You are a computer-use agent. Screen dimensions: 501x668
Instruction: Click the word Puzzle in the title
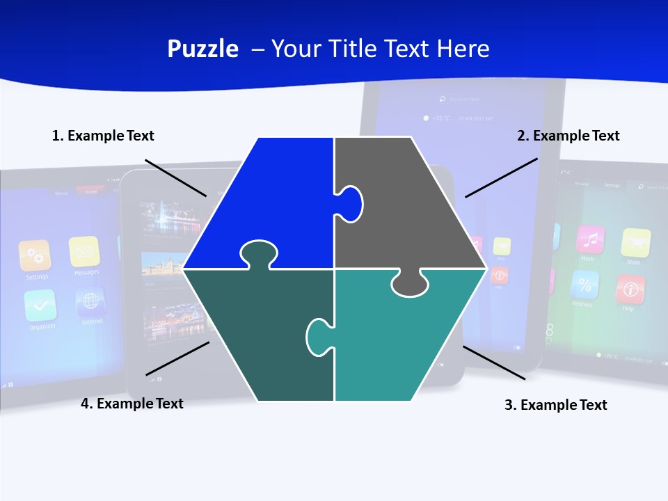(x=202, y=49)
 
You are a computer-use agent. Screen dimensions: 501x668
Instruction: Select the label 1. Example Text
(x=103, y=136)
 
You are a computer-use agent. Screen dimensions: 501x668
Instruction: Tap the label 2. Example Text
(x=568, y=136)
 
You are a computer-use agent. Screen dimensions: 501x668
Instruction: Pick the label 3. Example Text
(x=555, y=405)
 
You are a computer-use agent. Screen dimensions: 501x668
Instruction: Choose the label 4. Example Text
(x=132, y=404)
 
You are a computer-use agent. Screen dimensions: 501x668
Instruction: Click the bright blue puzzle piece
(x=271, y=202)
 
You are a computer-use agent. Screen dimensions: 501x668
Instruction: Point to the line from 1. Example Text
(x=175, y=177)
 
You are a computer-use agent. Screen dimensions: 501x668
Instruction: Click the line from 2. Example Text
(x=501, y=177)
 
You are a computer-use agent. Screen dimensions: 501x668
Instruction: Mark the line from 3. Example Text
(x=494, y=363)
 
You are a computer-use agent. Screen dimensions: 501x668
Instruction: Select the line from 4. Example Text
(x=177, y=358)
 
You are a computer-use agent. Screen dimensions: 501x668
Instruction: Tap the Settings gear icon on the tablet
(x=35, y=255)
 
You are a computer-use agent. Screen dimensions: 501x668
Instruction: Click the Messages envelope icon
(x=84, y=251)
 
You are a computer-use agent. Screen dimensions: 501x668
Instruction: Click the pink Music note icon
(x=590, y=240)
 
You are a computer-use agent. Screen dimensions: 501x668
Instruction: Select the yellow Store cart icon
(x=635, y=243)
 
